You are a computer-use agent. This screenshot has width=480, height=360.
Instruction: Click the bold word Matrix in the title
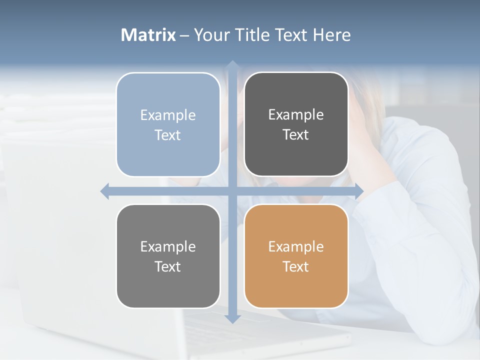pos(148,35)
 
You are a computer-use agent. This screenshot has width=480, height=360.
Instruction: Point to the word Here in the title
pos(331,35)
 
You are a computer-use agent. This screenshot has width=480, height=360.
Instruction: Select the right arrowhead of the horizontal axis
pos(358,191)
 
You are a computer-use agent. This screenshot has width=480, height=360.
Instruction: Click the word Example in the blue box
pos(168,115)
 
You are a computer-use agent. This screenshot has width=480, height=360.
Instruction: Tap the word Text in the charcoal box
pos(296,135)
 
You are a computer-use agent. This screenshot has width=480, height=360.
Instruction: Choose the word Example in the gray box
pos(168,247)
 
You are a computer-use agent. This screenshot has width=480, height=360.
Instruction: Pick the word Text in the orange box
pos(296,266)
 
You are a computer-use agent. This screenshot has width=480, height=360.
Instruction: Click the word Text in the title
pos(290,35)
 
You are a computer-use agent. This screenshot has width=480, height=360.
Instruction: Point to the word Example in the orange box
pos(296,247)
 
